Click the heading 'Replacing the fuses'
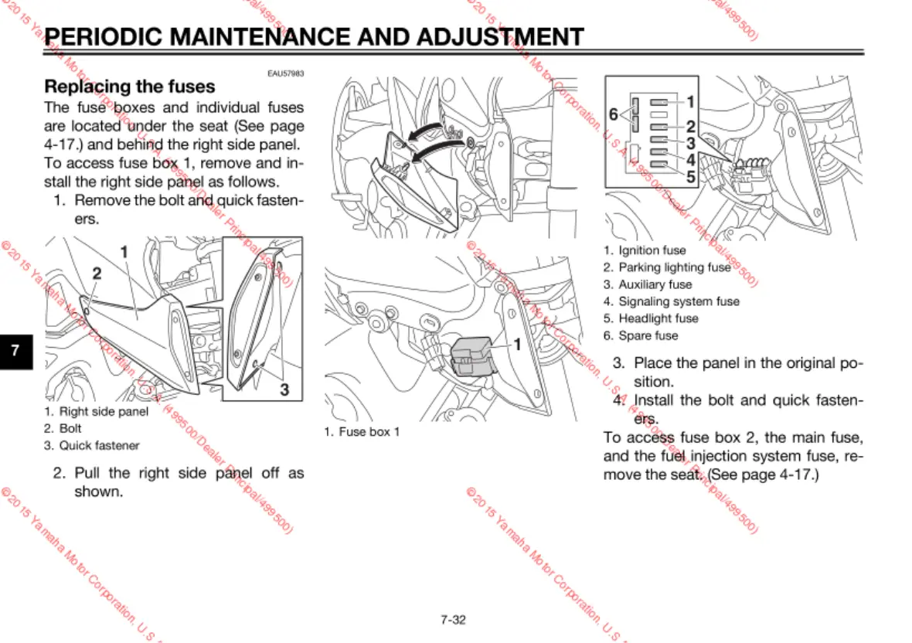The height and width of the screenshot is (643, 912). [130, 87]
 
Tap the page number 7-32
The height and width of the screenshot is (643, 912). [454, 619]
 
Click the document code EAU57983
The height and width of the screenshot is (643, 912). [286, 73]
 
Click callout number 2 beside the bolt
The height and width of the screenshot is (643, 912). [97, 273]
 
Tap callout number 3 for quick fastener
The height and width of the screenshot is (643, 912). [284, 390]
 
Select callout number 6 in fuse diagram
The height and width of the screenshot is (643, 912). [613, 114]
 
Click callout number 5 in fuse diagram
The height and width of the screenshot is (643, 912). [690, 177]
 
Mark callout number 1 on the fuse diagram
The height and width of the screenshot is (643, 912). [690, 101]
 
